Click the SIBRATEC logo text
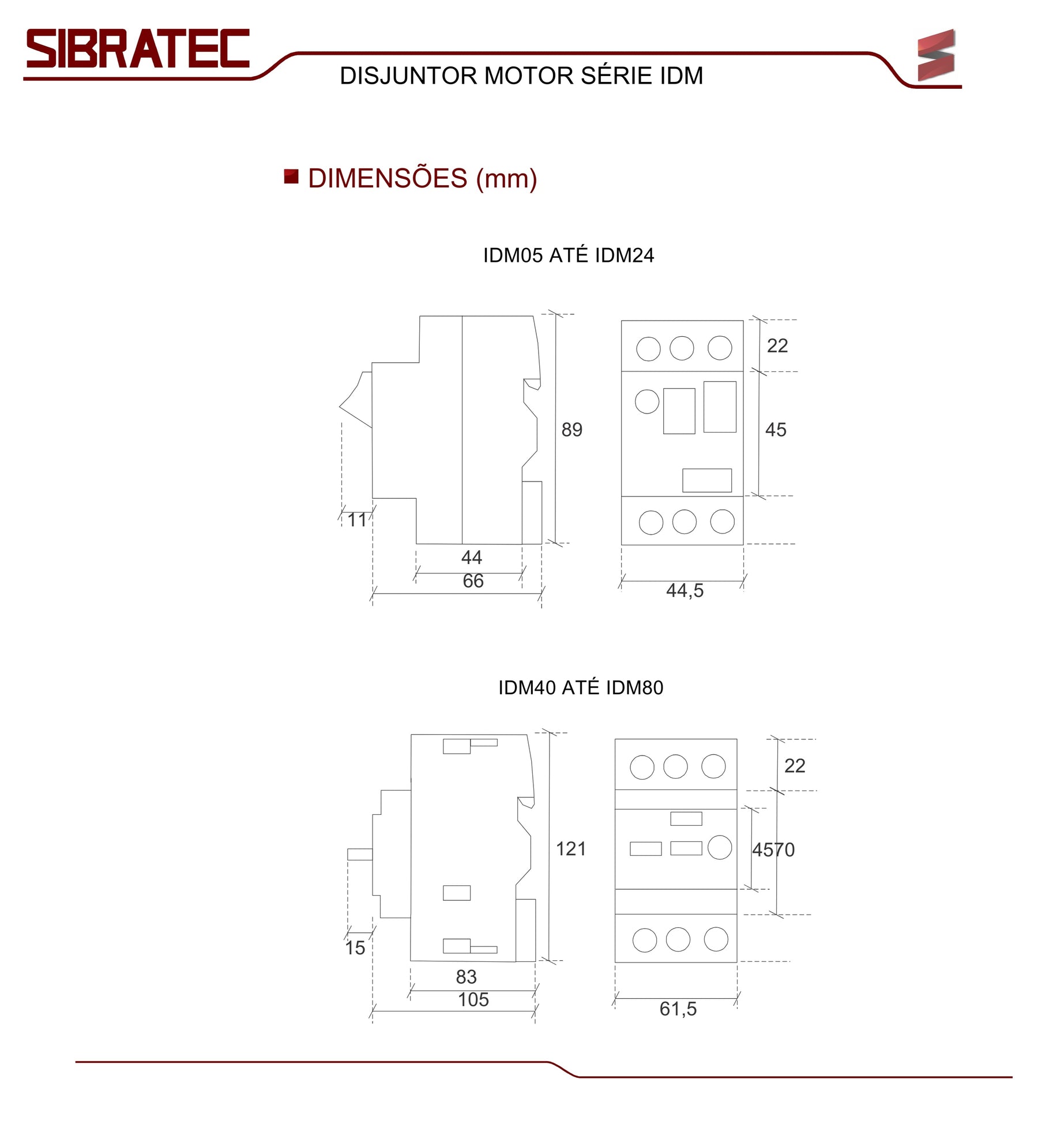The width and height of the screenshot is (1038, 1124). point(138,48)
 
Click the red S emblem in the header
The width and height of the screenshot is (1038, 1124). point(935,55)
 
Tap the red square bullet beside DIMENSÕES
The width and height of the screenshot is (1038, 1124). point(291,176)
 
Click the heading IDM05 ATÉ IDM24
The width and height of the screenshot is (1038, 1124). point(568,255)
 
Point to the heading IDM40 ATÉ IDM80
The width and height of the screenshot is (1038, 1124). point(580,687)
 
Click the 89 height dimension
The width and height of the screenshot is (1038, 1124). point(571,430)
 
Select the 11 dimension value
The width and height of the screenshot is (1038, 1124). point(357,520)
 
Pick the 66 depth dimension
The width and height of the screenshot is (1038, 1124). point(473,581)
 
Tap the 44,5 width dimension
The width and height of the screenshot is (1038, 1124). point(685,591)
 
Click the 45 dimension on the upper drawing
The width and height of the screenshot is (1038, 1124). point(776,430)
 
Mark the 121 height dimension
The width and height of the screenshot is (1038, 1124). point(570,849)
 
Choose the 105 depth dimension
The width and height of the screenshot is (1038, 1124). point(473,999)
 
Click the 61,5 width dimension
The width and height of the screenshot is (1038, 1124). point(678,1009)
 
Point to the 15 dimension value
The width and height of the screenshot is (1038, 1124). point(355,948)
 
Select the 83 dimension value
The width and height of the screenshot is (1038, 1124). point(466,976)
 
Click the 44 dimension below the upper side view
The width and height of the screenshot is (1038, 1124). point(471,557)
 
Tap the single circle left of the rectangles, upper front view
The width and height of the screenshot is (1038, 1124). point(646,401)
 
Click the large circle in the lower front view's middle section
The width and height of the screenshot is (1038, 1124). point(719,847)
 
